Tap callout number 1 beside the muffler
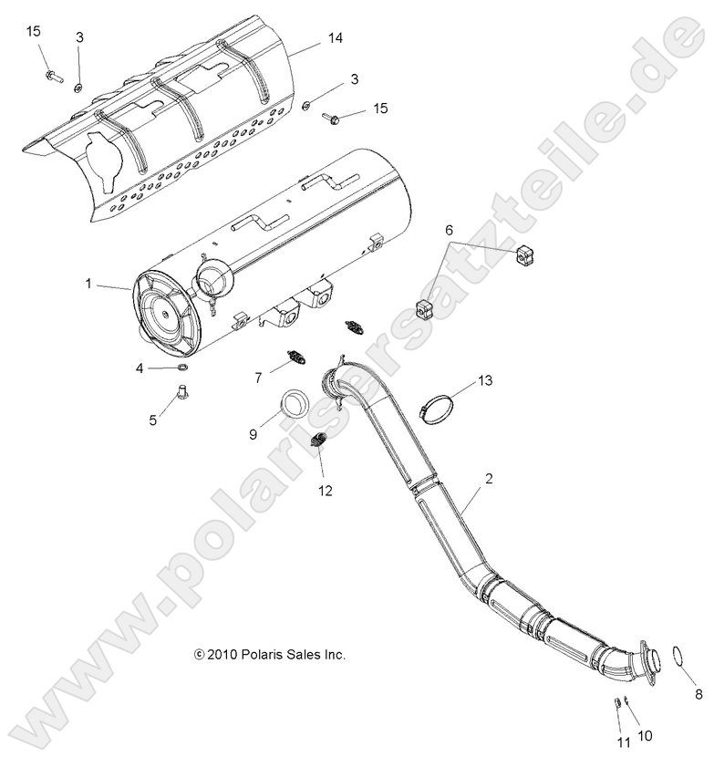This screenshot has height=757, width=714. point(88,285)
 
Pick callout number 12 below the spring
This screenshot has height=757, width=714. point(325,491)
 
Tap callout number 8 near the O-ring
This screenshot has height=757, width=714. point(698,694)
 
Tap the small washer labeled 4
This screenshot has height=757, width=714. point(182,368)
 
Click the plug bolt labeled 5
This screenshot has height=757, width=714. point(181,395)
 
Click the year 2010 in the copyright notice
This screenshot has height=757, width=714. point(222,654)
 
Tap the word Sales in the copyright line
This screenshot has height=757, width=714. point(302,654)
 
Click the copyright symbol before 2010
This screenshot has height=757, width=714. point(199,654)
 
